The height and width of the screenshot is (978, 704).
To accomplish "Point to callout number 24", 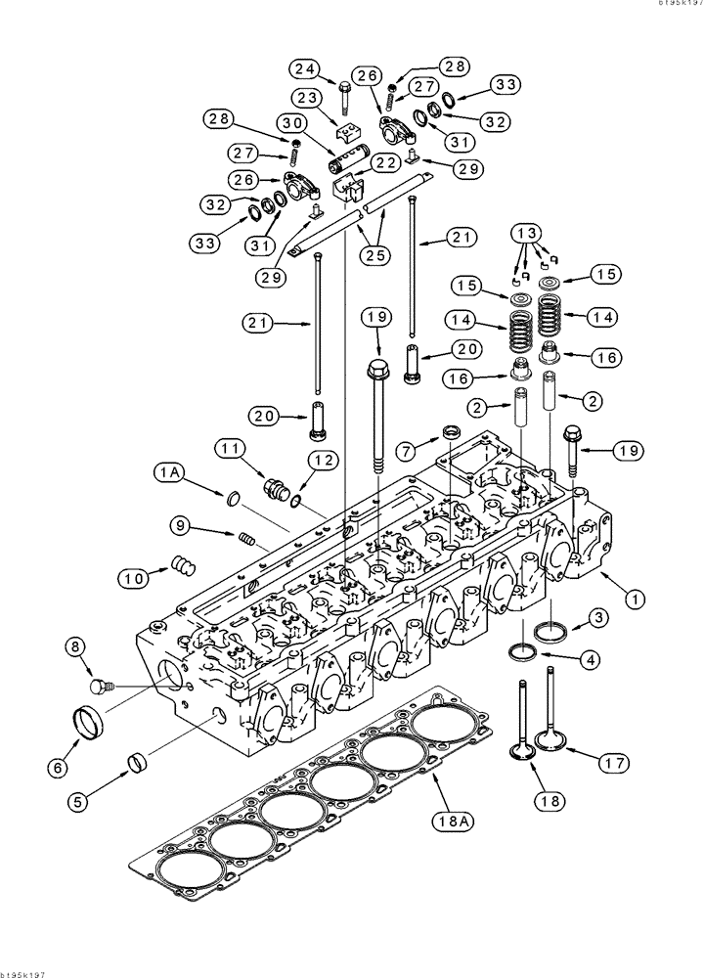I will point(304,68).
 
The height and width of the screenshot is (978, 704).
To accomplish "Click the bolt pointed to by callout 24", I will point(346,95).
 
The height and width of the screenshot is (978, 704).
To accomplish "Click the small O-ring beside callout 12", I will point(295,502).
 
